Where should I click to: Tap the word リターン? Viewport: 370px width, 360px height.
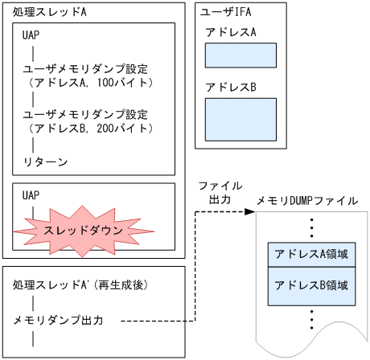pos(45,162)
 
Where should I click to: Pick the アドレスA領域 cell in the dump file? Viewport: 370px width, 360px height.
pos(310,254)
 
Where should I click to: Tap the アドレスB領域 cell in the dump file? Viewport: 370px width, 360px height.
pos(310,285)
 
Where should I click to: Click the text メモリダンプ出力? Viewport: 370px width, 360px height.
pos(59,320)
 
